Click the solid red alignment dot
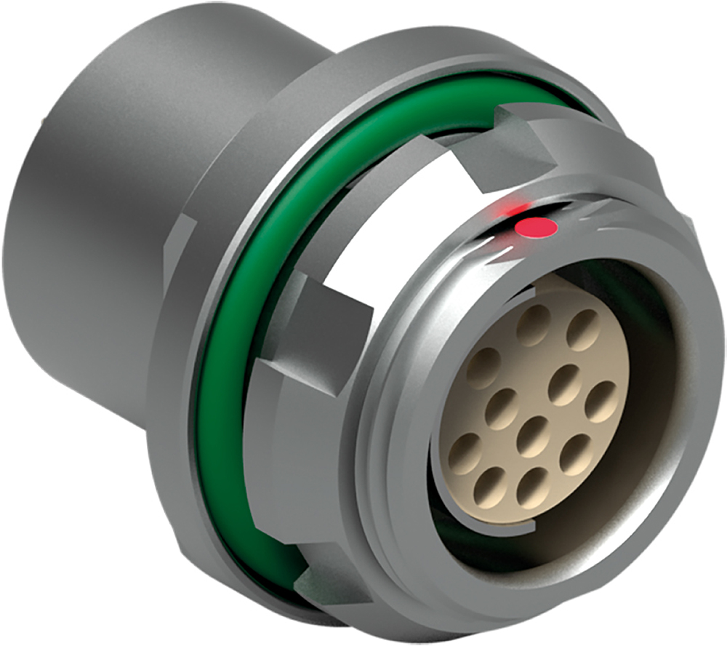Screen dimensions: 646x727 (x=535, y=228)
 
